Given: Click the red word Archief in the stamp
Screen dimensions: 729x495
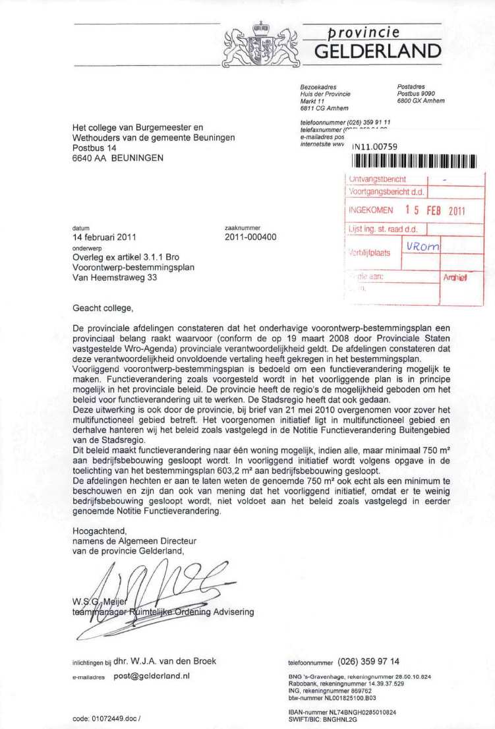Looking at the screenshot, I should [x=455, y=278].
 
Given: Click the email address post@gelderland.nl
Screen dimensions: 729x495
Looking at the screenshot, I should [x=152, y=676].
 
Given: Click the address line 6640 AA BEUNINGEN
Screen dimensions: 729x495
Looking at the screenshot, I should [x=117, y=158].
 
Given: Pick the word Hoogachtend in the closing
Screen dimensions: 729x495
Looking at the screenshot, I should [x=99, y=531].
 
